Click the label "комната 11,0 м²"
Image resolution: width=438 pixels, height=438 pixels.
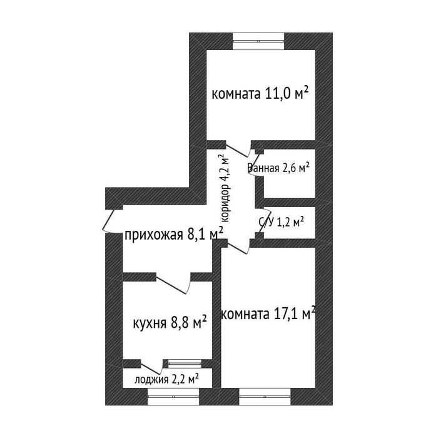[260, 93]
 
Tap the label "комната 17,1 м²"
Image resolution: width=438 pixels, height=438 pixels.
[268, 313]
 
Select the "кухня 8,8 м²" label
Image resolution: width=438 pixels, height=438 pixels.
[170, 323]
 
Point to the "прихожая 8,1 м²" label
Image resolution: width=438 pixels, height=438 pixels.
[174, 234]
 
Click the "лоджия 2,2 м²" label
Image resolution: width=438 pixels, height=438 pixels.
[167, 379]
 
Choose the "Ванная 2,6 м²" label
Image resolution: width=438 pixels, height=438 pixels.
[278, 168]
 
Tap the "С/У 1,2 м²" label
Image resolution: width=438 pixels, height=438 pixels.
[282, 222]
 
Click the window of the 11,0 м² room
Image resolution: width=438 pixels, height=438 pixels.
[258, 41]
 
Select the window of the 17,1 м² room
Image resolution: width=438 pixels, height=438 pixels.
[265, 396]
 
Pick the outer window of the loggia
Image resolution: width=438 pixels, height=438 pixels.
[173, 396]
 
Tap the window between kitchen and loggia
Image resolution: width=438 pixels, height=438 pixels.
[185, 364]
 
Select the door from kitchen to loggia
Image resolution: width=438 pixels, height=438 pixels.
[151, 367]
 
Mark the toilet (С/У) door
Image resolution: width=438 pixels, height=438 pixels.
[260, 221]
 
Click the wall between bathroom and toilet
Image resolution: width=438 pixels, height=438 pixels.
[290, 203]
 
